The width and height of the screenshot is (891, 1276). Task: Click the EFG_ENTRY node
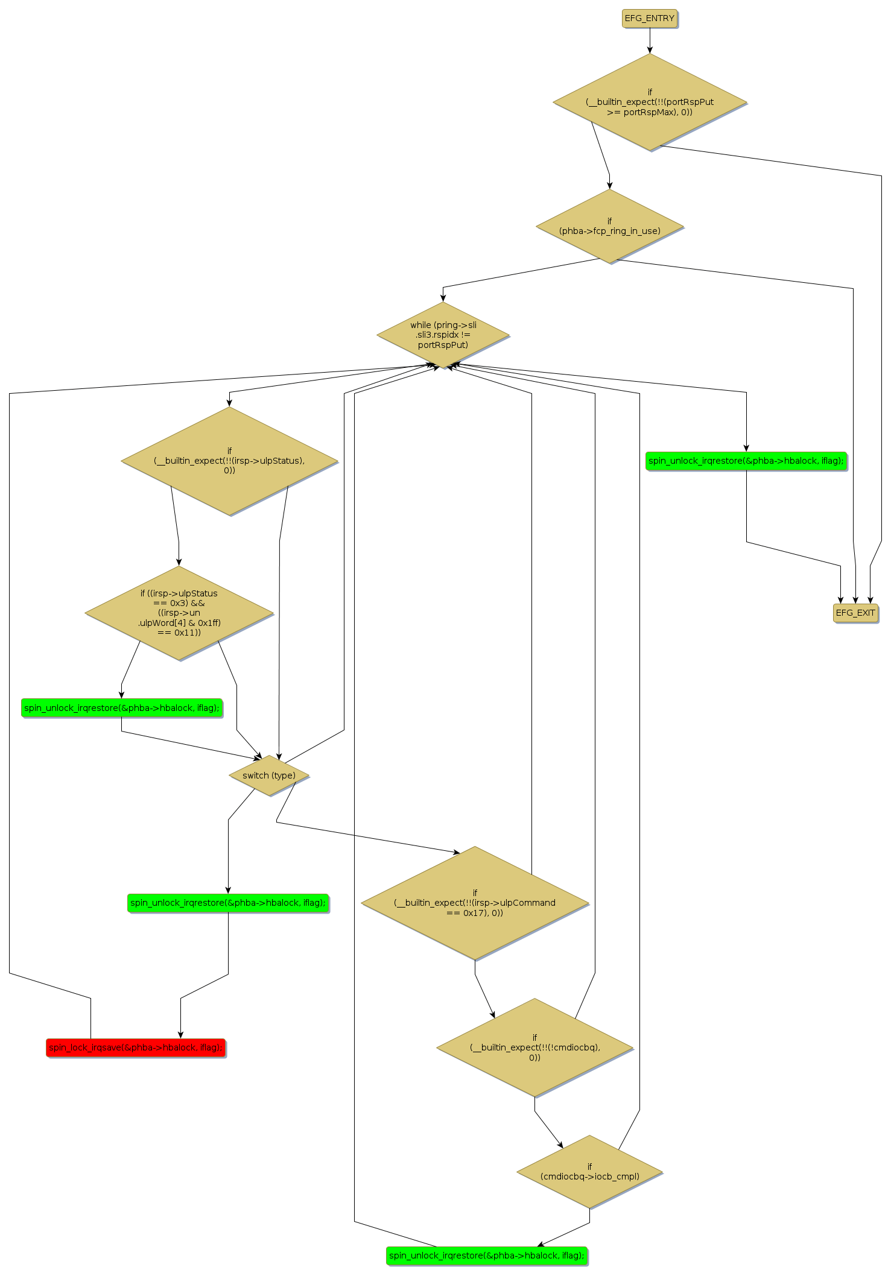coord(649,19)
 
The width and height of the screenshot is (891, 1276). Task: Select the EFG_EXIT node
coord(855,613)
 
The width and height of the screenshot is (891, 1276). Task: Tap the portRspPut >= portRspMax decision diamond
coord(650,102)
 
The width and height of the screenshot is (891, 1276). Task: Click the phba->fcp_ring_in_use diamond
coord(609,226)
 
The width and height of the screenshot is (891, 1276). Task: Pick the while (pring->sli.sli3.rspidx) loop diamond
coord(443,335)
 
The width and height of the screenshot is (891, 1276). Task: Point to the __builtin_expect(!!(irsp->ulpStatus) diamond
coord(229,461)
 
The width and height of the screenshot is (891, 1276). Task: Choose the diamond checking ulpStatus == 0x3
coord(179,613)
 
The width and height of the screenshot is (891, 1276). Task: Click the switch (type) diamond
coord(269,775)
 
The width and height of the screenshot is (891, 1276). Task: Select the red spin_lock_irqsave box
coord(136,1047)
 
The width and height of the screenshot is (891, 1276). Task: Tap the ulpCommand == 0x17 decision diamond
coord(475,903)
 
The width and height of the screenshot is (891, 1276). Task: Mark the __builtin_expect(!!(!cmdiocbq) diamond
coord(534,1047)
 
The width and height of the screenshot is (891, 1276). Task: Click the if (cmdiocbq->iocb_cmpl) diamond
coord(589,1172)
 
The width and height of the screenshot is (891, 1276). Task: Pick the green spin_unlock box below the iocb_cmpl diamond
coord(486,1255)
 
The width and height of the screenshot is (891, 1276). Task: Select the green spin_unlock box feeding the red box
coord(228,903)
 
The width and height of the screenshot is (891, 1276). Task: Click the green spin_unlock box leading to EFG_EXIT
coord(746,461)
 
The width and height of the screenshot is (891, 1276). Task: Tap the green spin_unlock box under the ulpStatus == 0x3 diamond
coord(122,708)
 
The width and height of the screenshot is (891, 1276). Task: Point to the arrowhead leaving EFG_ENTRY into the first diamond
coord(650,49)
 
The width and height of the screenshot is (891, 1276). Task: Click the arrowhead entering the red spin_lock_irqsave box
coord(180,1035)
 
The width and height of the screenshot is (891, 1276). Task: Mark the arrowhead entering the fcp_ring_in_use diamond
coord(609,185)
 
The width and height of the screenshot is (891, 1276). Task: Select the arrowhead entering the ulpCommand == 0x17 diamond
coord(457,853)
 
